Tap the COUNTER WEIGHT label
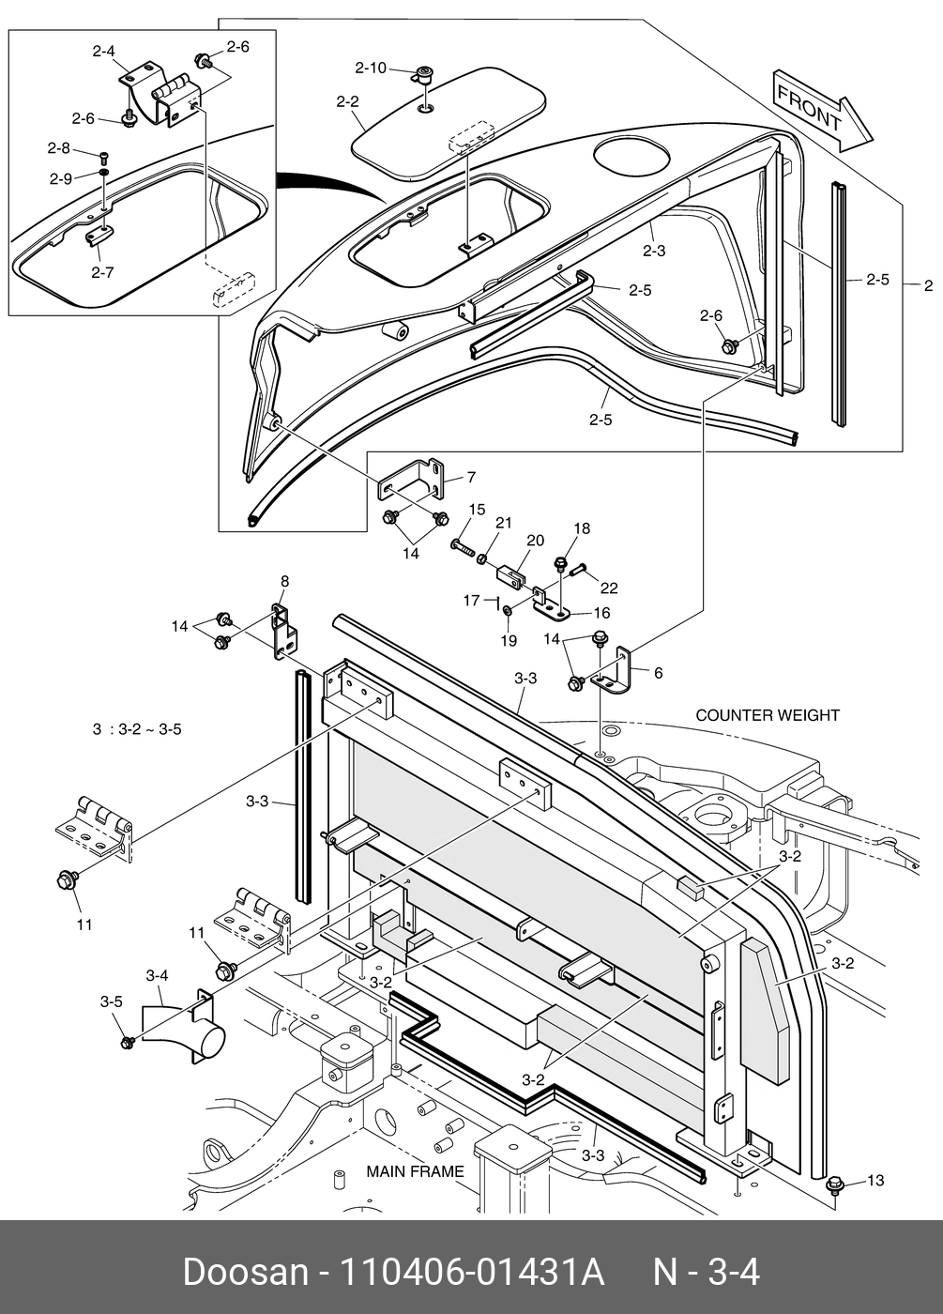click(x=768, y=715)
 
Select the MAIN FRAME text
click(x=415, y=1171)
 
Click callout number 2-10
click(x=370, y=68)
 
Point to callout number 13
click(x=875, y=1180)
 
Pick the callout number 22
click(x=609, y=588)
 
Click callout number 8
click(x=284, y=581)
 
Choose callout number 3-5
click(x=111, y=1001)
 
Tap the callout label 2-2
click(x=348, y=100)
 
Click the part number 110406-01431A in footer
click(x=470, y=1273)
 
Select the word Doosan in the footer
click(x=245, y=1273)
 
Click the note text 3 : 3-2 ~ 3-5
click(x=137, y=729)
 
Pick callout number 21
click(x=504, y=522)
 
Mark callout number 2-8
click(x=59, y=147)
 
